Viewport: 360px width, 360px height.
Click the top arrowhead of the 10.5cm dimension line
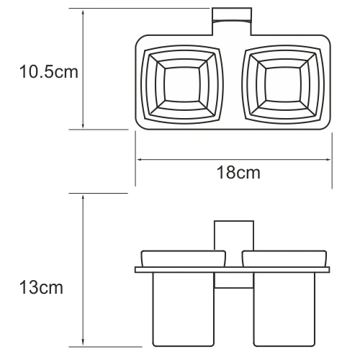tap(84, 13)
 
